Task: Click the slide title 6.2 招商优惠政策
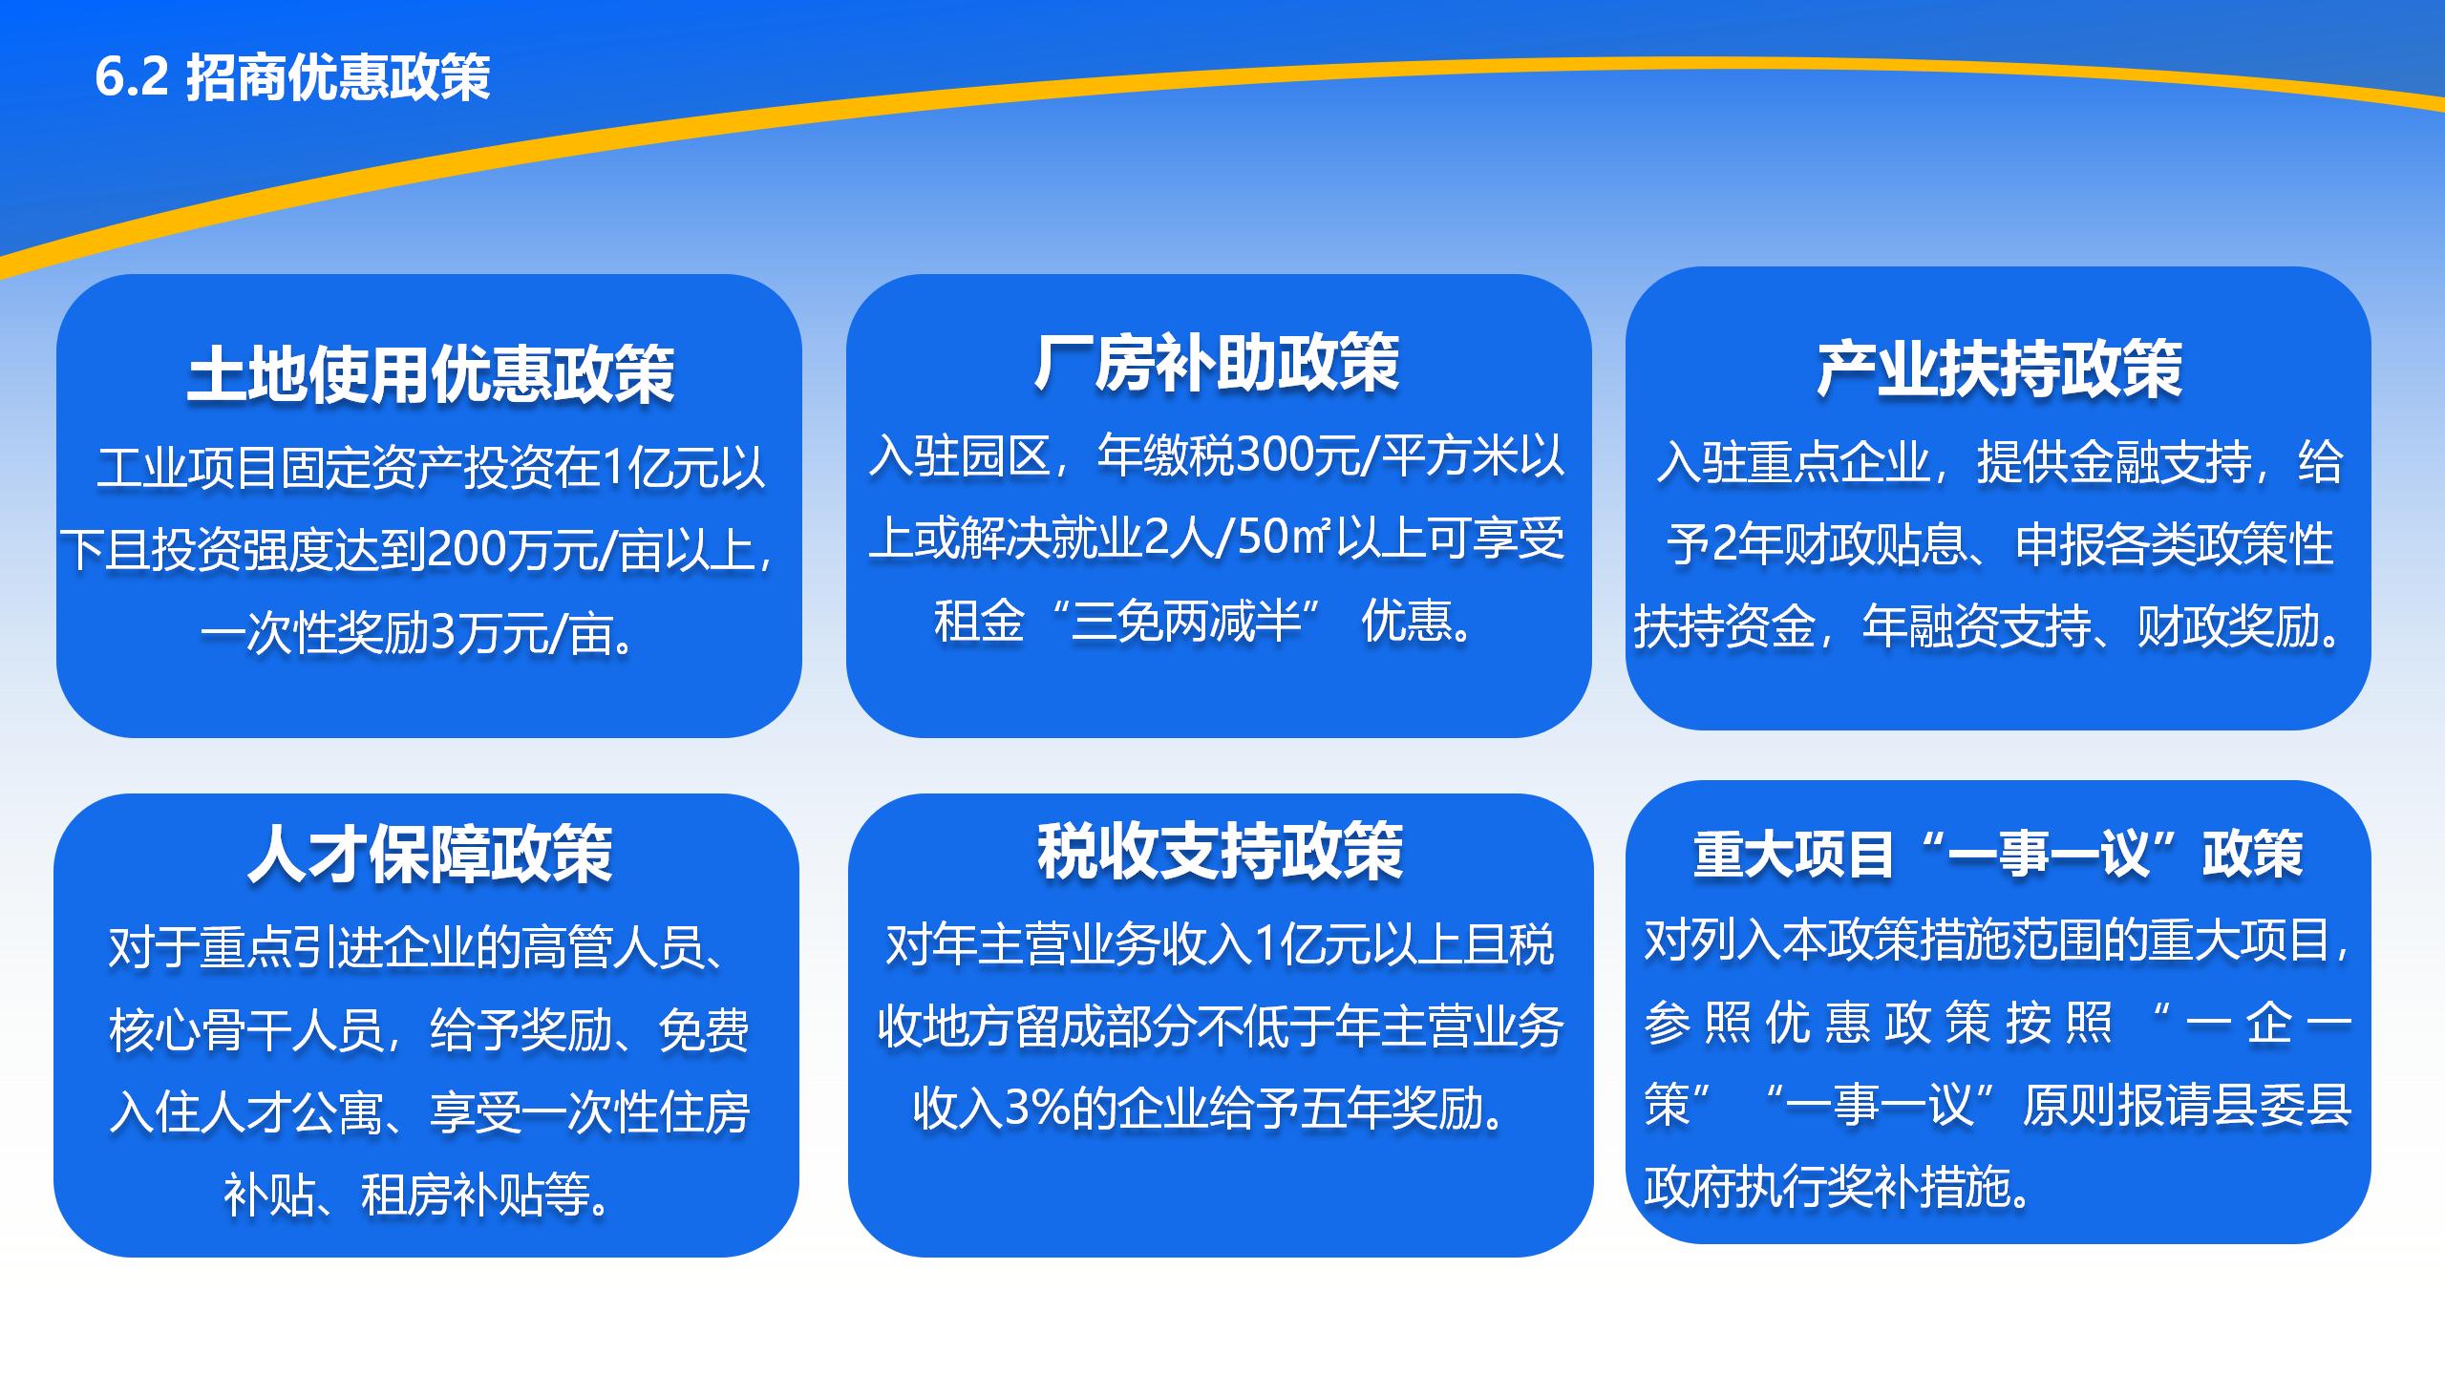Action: pyautogui.click(x=292, y=76)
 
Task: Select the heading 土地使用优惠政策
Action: pyautogui.click(x=430, y=373)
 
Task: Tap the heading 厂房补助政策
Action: pyautogui.click(x=1217, y=363)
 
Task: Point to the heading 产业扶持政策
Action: pyautogui.click(x=1999, y=370)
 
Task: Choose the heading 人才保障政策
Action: pyautogui.click(x=430, y=853)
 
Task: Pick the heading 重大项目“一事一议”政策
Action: pyautogui.click(x=1998, y=853)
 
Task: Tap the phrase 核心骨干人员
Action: pyautogui.click(x=245, y=1030)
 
